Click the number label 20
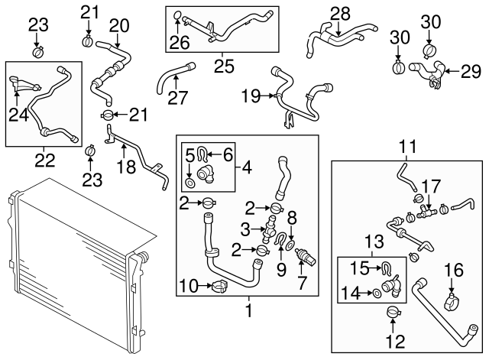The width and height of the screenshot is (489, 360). pos(118,25)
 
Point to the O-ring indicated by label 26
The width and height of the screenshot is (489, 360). pos(177,15)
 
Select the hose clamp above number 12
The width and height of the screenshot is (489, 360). pos(393,312)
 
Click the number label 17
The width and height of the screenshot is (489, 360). pos(432,186)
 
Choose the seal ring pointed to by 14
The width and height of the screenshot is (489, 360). pos(377,292)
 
